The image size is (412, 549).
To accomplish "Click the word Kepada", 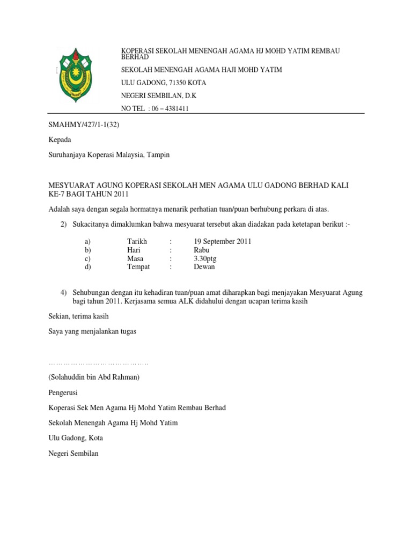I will tap(60, 139).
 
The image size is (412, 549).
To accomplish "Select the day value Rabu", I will tap(202, 250).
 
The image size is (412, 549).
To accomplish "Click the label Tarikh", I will tap(137, 241).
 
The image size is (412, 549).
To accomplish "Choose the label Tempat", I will tap(138, 266).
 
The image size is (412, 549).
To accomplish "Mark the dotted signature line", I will tap(98, 363).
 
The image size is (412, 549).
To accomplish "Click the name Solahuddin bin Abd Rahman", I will tap(94, 377).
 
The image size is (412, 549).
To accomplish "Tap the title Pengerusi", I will tap(64, 392).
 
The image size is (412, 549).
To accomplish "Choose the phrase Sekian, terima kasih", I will tap(79, 316).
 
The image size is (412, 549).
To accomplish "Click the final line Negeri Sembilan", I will tap(73, 453).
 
